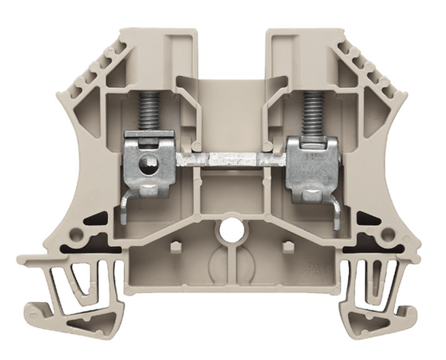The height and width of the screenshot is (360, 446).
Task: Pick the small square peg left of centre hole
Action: click(x=174, y=246)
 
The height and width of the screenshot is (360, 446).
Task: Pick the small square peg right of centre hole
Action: click(x=287, y=246)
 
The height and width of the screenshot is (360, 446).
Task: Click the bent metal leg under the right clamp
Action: click(x=330, y=209)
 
